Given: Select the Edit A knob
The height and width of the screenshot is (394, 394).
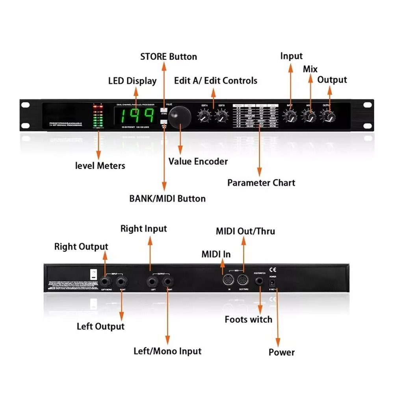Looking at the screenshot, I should coord(204,116).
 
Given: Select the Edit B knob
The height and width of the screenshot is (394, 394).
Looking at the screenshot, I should coord(221,116).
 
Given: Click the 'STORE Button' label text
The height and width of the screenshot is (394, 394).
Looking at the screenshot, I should coord(169,57).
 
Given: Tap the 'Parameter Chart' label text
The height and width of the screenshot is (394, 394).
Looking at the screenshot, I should coord(261,183).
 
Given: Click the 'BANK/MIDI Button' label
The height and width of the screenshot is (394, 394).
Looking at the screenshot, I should coord(167,199).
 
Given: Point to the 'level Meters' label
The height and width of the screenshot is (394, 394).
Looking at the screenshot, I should coord(100,165).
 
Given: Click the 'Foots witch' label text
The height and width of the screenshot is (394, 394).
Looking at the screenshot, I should coord(249,319).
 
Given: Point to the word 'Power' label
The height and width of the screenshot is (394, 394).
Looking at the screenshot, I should coord(282,352).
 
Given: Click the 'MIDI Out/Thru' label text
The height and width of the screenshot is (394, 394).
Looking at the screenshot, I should coord(245,231).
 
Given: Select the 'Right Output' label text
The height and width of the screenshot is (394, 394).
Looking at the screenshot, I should coord(81,247).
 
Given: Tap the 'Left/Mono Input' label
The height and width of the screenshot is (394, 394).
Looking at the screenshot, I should coord(167,351).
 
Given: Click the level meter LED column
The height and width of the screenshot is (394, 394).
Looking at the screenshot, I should coord(97,117).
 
